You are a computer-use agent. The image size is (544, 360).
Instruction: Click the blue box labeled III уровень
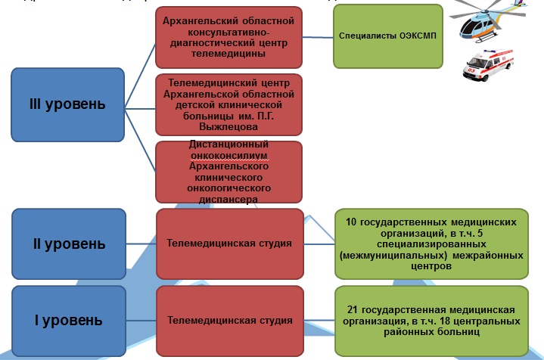67,104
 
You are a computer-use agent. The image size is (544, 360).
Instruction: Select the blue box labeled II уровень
69,244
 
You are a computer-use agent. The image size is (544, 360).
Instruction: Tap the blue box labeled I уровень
69,320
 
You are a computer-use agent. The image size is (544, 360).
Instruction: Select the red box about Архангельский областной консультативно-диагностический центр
228,37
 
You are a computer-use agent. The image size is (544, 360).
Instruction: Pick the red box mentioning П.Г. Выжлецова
228,104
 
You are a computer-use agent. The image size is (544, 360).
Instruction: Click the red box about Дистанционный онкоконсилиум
228,172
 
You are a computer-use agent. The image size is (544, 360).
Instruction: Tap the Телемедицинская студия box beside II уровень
229,244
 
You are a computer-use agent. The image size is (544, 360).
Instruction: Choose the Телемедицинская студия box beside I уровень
229,320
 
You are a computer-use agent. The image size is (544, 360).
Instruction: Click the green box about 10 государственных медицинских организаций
431,244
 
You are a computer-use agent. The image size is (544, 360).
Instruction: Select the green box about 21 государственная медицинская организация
431,321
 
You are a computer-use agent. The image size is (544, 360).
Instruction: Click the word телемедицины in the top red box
229,54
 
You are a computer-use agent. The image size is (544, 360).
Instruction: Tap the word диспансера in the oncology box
228,199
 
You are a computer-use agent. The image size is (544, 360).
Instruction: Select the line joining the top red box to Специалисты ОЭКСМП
318,36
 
